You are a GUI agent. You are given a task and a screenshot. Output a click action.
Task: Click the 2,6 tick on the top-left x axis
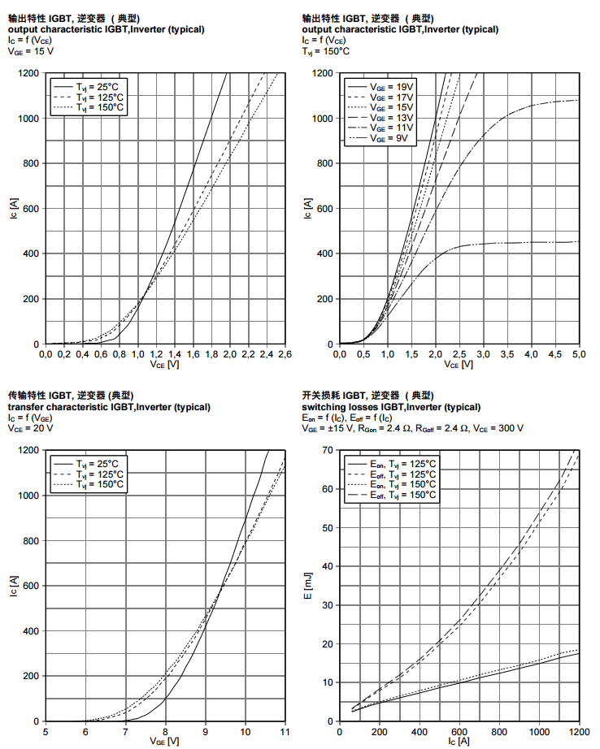click(285, 355)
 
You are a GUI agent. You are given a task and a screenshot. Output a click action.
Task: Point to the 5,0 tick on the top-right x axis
click(579, 355)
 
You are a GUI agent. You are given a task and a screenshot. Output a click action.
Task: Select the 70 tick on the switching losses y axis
click(328, 450)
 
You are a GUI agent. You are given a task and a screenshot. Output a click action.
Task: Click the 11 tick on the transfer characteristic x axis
click(285, 732)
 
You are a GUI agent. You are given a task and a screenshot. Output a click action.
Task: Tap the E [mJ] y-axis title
click(307, 585)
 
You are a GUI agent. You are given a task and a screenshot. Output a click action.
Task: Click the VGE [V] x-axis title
click(164, 742)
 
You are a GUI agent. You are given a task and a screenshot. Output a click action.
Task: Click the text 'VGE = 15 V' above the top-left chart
click(31, 51)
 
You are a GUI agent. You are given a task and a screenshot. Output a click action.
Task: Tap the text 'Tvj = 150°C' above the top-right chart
click(325, 51)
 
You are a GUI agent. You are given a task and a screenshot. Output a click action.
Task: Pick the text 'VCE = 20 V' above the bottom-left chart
click(31, 428)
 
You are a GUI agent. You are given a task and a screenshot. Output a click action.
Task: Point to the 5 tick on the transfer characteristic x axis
click(46, 732)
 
